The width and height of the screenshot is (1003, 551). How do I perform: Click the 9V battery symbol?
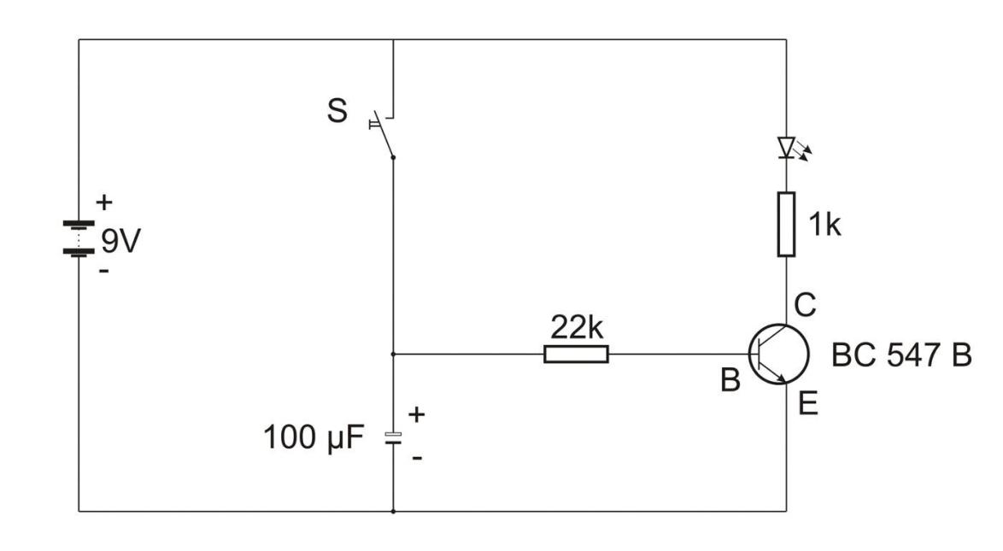click(79, 238)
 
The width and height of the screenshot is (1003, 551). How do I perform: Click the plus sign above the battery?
click(103, 203)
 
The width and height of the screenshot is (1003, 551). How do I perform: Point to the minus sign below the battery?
click(103, 273)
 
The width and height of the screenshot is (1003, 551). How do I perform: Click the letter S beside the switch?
click(338, 114)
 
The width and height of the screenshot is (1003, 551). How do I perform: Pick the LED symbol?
click(787, 148)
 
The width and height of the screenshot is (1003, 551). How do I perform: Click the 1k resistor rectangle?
click(786, 225)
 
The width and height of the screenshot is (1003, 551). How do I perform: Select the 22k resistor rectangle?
click(576, 354)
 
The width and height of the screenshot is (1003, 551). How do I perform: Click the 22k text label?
click(576, 325)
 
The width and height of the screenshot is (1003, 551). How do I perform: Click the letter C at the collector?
click(806, 303)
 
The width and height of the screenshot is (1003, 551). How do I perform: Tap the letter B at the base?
click(730, 381)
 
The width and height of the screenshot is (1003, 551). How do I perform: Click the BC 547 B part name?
click(901, 355)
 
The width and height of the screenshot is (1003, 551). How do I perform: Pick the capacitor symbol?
click(392, 437)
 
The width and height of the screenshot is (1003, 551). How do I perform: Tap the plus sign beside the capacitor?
click(417, 415)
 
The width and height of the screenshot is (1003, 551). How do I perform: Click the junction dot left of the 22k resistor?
click(392, 354)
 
